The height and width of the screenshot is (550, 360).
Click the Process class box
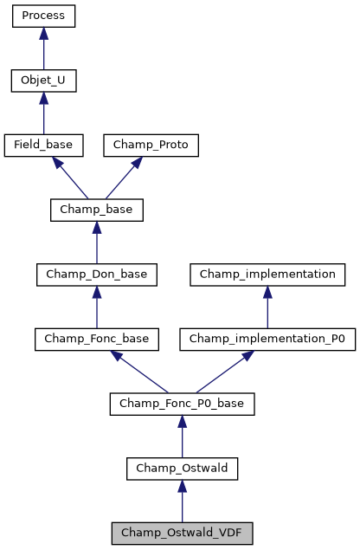(x=43, y=16)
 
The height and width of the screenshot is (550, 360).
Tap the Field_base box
(x=43, y=145)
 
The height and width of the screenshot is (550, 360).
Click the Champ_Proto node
(x=151, y=145)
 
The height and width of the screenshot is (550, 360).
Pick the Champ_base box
(x=96, y=210)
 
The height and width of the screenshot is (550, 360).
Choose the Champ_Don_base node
(x=96, y=275)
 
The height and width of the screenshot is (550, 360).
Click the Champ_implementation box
(x=267, y=275)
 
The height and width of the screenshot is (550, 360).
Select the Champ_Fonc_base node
(x=96, y=339)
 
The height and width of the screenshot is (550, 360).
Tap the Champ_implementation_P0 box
(x=267, y=339)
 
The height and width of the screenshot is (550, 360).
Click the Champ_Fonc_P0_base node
(x=182, y=404)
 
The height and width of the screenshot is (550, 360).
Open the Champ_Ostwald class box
(x=182, y=469)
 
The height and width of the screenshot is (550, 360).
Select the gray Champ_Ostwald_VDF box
(x=182, y=533)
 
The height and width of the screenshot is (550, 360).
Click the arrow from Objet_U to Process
(x=43, y=49)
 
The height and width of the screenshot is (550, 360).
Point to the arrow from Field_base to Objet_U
(x=43, y=113)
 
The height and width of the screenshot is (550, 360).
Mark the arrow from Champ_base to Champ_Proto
(x=125, y=177)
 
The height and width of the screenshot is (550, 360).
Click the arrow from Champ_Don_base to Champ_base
(x=96, y=243)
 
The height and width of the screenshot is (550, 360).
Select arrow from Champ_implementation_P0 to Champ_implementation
(x=267, y=307)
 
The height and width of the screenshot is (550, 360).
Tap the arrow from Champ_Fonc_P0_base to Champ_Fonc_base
(x=138, y=372)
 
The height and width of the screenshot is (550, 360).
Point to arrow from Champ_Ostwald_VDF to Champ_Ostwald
(x=182, y=501)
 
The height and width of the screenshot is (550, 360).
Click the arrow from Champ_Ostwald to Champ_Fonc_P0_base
(x=182, y=437)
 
